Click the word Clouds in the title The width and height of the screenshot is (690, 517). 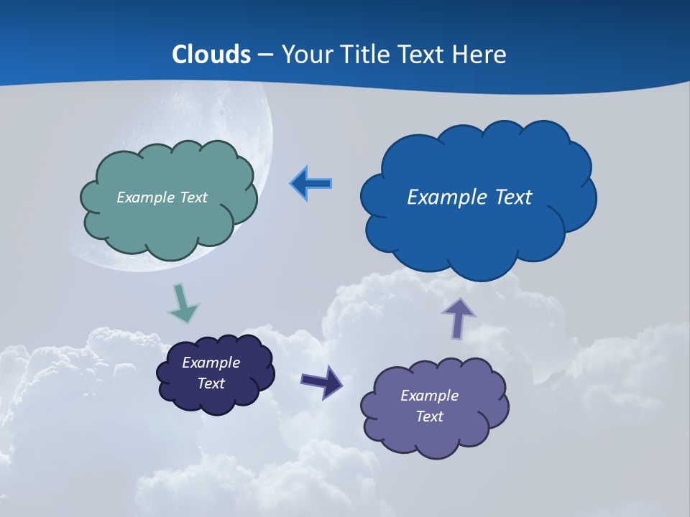pyautogui.click(x=211, y=55)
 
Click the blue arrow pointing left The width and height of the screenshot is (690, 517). pyautogui.click(x=310, y=184)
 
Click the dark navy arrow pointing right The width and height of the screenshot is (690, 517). pyautogui.click(x=321, y=381)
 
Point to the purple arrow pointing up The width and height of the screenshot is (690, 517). pyautogui.click(x=458, y=317)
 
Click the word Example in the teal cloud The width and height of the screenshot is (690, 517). pyautogui.click(x=146, y=197)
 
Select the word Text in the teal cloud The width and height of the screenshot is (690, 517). pyautogui.click(x=193, y=197)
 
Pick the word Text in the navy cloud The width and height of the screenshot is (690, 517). pyautogui.click(x=211, y=383)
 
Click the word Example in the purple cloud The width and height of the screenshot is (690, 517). pyautogui.click(x=429, y=396)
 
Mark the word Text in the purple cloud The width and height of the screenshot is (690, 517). pyautogui.click(x=429, y=416)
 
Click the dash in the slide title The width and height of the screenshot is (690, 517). pyautogui.click(x=265, y=55)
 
